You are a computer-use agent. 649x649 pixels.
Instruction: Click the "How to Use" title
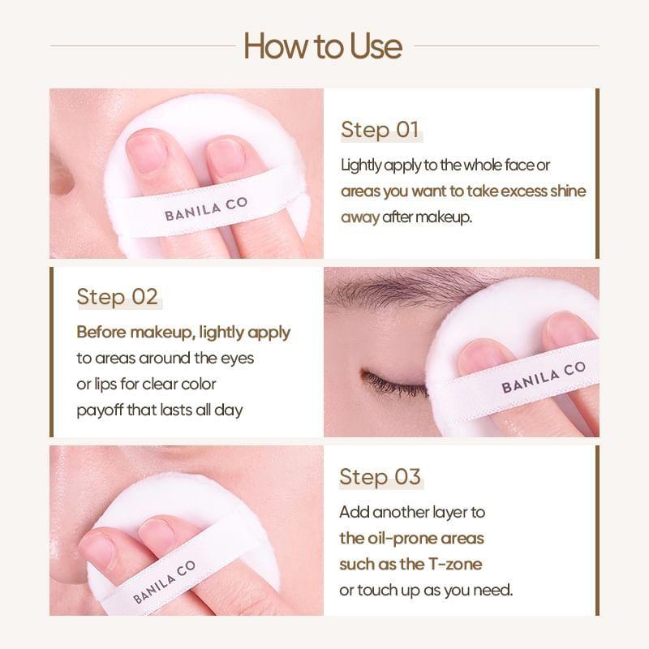click(323, 46)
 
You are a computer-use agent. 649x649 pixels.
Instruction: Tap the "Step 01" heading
click(380, 131)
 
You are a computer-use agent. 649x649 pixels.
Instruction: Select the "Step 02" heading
click(117, 297)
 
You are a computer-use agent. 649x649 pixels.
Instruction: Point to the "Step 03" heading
click(380, 477)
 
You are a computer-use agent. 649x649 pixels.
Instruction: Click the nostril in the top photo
click(61, 174)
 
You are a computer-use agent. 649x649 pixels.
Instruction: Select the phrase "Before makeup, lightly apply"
click(183, 333)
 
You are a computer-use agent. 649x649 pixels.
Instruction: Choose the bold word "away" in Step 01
click(360, 217)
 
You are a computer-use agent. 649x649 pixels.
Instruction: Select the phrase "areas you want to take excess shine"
click(462, 191)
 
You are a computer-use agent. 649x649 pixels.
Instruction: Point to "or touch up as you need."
click(427, 590)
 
